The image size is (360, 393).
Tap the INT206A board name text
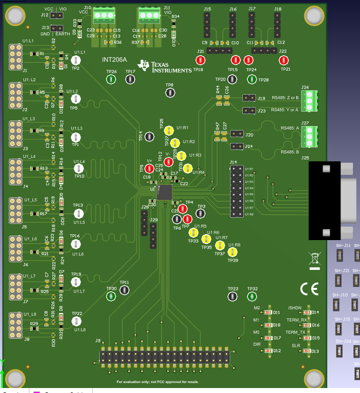[114, 60]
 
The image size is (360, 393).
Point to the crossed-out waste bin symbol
[314, 260]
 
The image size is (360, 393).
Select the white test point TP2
[76, 60]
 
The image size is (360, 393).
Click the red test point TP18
[200, 60]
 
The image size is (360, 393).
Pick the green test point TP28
[252, 79]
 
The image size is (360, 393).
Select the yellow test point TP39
[232, 253]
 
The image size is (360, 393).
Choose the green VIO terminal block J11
[149, 16]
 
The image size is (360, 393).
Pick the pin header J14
[236, 191]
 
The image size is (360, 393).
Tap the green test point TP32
[252, 297]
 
